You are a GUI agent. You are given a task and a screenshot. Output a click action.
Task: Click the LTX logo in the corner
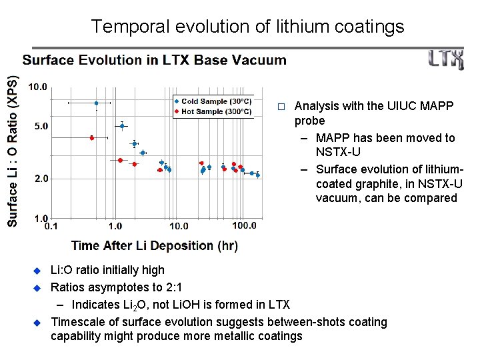(x=446, y=60)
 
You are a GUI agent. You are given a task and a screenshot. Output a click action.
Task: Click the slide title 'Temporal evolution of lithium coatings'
(x=247, y=26)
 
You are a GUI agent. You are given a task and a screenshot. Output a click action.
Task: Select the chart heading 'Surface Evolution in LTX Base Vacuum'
(x=155, y=60)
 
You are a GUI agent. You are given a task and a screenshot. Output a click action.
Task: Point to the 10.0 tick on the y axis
(x=37, y=87)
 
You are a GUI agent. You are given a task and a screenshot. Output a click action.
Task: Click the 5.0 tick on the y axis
(x=40, y=126)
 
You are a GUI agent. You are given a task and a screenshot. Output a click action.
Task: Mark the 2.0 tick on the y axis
(x=40, y=179)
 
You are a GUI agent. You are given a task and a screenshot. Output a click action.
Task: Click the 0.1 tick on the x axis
(x=51, y=226)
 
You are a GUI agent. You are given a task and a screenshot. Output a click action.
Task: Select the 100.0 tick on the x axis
(x=244, y=226)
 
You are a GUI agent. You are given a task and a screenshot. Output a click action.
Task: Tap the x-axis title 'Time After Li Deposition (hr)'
(x=154, y=245)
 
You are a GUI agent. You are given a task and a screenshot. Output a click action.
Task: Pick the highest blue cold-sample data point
(x=96, y=103)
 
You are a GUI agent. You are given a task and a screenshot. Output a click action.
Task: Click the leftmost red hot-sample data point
(x=92, y=137)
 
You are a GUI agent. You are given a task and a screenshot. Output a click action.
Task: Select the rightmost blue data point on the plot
(x=257, y=175)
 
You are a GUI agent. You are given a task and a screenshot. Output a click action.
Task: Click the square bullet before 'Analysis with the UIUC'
(x=281, y=107)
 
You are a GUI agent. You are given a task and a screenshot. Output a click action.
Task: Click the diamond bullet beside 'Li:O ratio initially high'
(x=38, y=271)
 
